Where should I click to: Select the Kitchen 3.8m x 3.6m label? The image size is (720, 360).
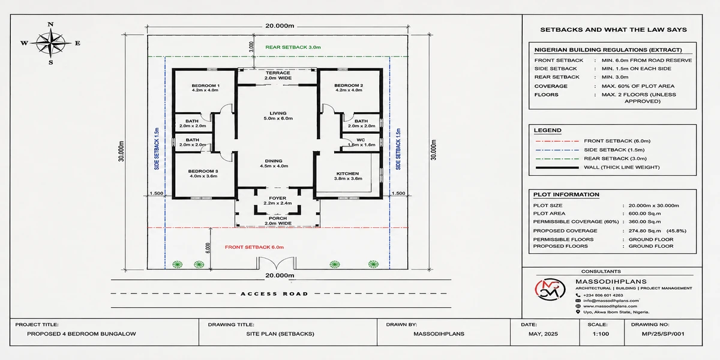[348, 176]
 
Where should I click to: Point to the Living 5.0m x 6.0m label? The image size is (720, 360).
[278, 116]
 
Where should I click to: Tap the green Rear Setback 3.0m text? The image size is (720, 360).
[293, 47]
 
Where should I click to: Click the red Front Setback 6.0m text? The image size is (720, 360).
[254, 247]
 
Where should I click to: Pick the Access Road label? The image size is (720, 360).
[275, 294]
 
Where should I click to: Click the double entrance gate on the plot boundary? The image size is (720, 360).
[276, 263]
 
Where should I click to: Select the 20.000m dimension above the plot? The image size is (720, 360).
[280, 26]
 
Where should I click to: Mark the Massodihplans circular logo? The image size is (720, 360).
[550, 289]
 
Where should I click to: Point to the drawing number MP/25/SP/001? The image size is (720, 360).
[663, 334]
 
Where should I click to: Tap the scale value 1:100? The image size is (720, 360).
[601, 334]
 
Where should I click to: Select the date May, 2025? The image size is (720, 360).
[543, 334]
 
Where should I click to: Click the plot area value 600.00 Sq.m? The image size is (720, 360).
[645, 214]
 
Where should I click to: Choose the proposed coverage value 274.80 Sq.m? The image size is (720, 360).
[645, 231]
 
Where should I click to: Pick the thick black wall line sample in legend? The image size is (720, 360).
[557, 167]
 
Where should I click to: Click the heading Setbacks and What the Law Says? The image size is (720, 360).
[613, 29]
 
